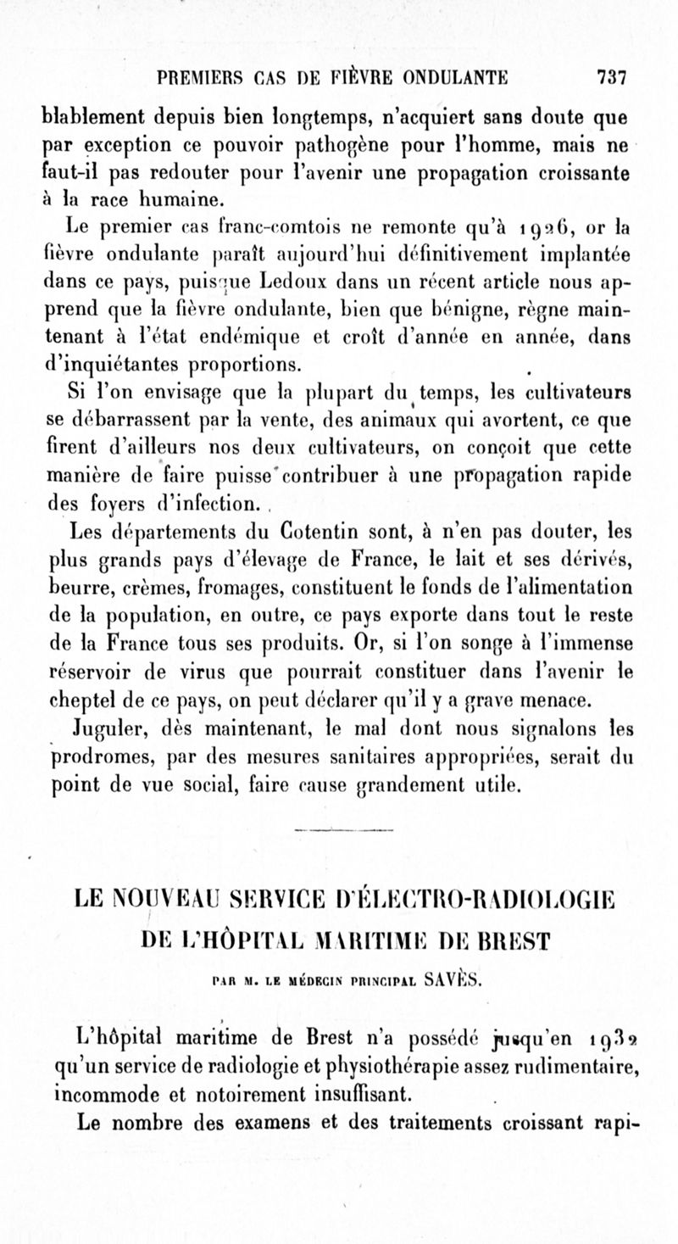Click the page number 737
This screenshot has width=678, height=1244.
pos(611,78)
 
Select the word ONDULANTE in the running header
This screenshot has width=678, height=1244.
pos(450,78)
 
